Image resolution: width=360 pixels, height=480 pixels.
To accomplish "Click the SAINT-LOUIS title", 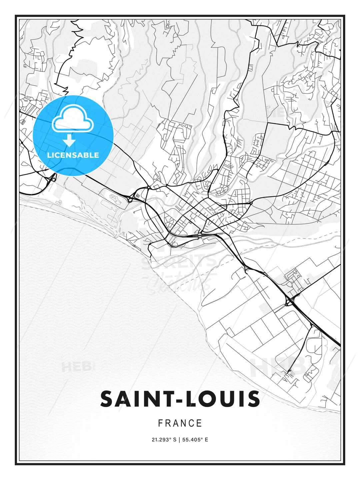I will point(180,399).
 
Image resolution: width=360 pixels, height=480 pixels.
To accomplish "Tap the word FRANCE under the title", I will point(180,423).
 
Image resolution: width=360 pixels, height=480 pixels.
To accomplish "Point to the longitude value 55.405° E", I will point(195,440).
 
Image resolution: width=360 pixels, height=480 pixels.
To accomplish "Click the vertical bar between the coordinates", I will point(180,440).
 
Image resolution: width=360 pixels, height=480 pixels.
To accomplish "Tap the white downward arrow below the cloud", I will point(69,141).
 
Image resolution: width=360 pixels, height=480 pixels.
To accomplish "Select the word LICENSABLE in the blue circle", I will point(73,155).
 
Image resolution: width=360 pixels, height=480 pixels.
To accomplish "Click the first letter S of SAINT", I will point(107,399).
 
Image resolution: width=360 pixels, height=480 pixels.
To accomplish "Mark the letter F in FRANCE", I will point(161,423).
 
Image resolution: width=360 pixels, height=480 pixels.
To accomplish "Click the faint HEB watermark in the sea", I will point(76,367).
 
